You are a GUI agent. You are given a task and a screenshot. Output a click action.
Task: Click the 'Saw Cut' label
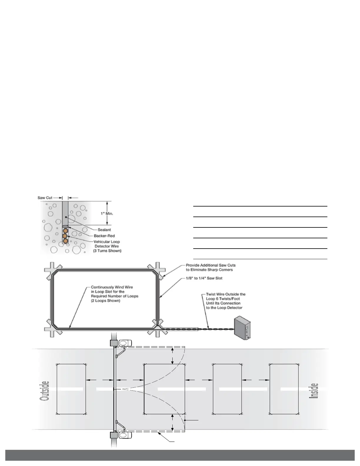45,198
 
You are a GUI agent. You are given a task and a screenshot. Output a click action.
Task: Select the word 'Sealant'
104,230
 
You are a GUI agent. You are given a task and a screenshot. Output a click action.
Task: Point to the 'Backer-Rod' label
104,236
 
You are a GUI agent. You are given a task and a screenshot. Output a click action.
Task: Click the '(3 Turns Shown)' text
107,251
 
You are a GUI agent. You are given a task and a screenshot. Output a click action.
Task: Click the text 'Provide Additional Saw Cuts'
211,265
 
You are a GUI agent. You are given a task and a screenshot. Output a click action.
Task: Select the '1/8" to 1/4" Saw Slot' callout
204,278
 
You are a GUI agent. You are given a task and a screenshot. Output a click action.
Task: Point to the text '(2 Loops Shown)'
106,301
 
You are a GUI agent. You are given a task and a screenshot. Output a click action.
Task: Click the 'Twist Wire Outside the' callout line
226,294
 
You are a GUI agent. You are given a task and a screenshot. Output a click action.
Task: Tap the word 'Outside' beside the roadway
44,391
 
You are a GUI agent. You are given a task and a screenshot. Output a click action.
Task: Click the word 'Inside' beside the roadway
314,391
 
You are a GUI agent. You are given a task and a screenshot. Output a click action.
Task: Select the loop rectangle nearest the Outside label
71,389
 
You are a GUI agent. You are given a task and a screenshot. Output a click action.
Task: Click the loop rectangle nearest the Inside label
284,389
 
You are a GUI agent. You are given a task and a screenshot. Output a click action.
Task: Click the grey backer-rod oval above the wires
65,227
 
